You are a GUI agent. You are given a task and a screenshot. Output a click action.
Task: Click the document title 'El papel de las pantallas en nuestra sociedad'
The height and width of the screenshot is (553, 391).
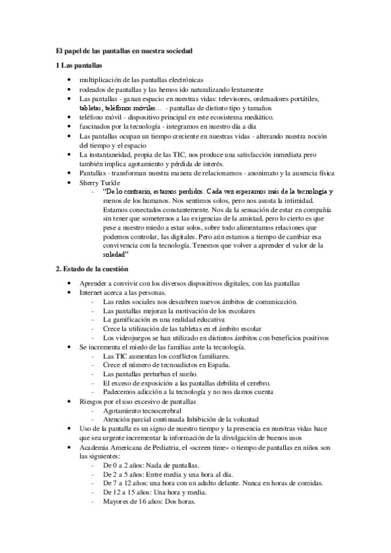click(x=128, y=50)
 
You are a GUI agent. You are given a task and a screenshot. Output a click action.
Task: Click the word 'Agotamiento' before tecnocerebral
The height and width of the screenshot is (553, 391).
click(x=122, y=410)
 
